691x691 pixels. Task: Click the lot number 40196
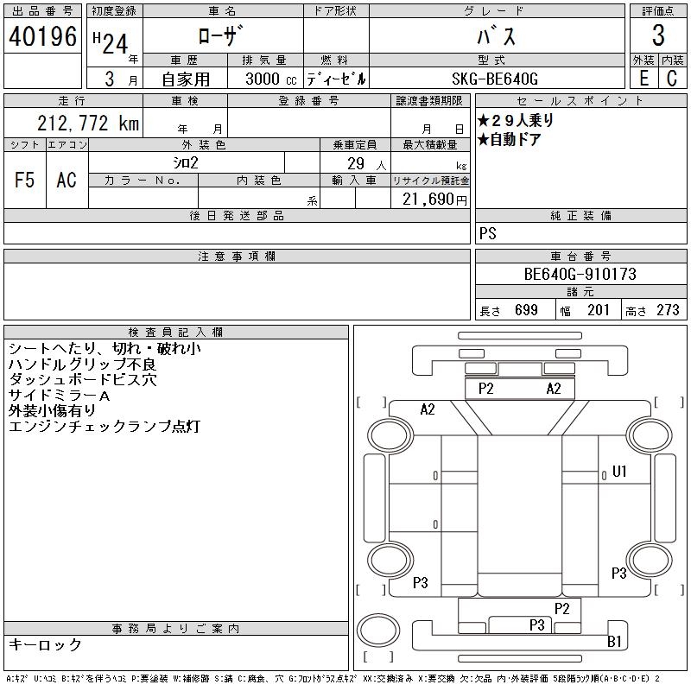click(41, 36)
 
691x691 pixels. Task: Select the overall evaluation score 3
click(658, 36)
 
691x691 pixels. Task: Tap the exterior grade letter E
click(643, 78)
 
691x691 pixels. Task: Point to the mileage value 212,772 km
click(87, 124)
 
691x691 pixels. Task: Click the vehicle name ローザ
click(222, 36)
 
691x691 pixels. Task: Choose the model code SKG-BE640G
click(496, 78)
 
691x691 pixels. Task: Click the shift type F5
click(25, 180)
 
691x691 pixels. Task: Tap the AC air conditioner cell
click(67, 180)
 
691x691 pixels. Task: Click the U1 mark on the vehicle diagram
click(618, 472)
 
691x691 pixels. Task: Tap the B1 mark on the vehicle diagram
click(614, 641)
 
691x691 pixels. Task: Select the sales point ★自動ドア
click(510, 139)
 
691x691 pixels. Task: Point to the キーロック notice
click(46, 645)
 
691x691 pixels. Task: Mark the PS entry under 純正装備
click(487, 234)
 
